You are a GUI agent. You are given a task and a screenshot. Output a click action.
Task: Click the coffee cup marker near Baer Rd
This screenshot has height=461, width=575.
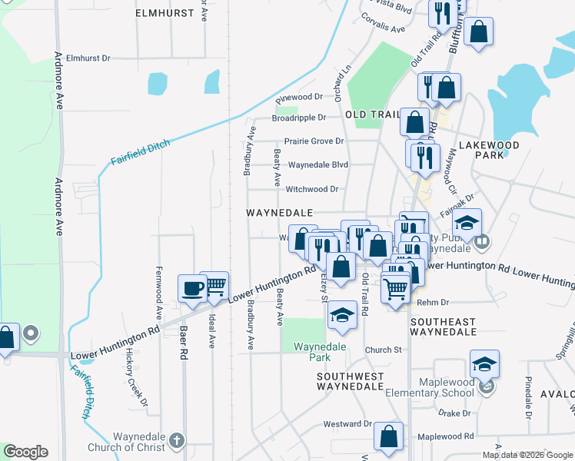[x=192, y=289]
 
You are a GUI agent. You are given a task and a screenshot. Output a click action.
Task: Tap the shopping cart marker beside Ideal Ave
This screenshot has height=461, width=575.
[x=214, y=285]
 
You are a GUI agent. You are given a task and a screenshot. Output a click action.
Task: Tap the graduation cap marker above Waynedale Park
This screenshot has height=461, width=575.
[x=342, y=315]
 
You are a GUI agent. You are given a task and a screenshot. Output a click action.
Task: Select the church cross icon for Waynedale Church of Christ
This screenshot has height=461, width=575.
[x=177, y=440]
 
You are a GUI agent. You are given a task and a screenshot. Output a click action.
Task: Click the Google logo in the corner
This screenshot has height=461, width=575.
[x=25, y=452]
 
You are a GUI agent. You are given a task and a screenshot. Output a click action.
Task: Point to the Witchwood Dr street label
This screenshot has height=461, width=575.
[x=312, y=189]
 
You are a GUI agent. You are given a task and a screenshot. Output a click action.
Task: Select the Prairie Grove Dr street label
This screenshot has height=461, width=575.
[x=314, y=141]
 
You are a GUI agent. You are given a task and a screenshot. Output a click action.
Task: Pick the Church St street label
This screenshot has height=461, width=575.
[x=383, y=350]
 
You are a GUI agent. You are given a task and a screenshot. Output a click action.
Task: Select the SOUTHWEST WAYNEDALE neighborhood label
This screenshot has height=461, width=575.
[x=351, y=381]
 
